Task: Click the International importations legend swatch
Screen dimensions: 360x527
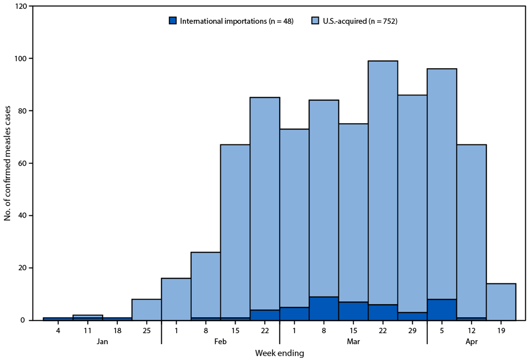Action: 173,20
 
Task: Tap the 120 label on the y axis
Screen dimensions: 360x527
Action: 20,6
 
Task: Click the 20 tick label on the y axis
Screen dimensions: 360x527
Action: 22,268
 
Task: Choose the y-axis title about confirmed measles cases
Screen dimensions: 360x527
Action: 7,163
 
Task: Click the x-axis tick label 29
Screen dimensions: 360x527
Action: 412,329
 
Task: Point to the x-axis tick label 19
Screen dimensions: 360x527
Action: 501,329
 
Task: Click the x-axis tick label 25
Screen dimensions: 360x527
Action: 147,329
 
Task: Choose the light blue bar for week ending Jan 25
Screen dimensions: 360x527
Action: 147,310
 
